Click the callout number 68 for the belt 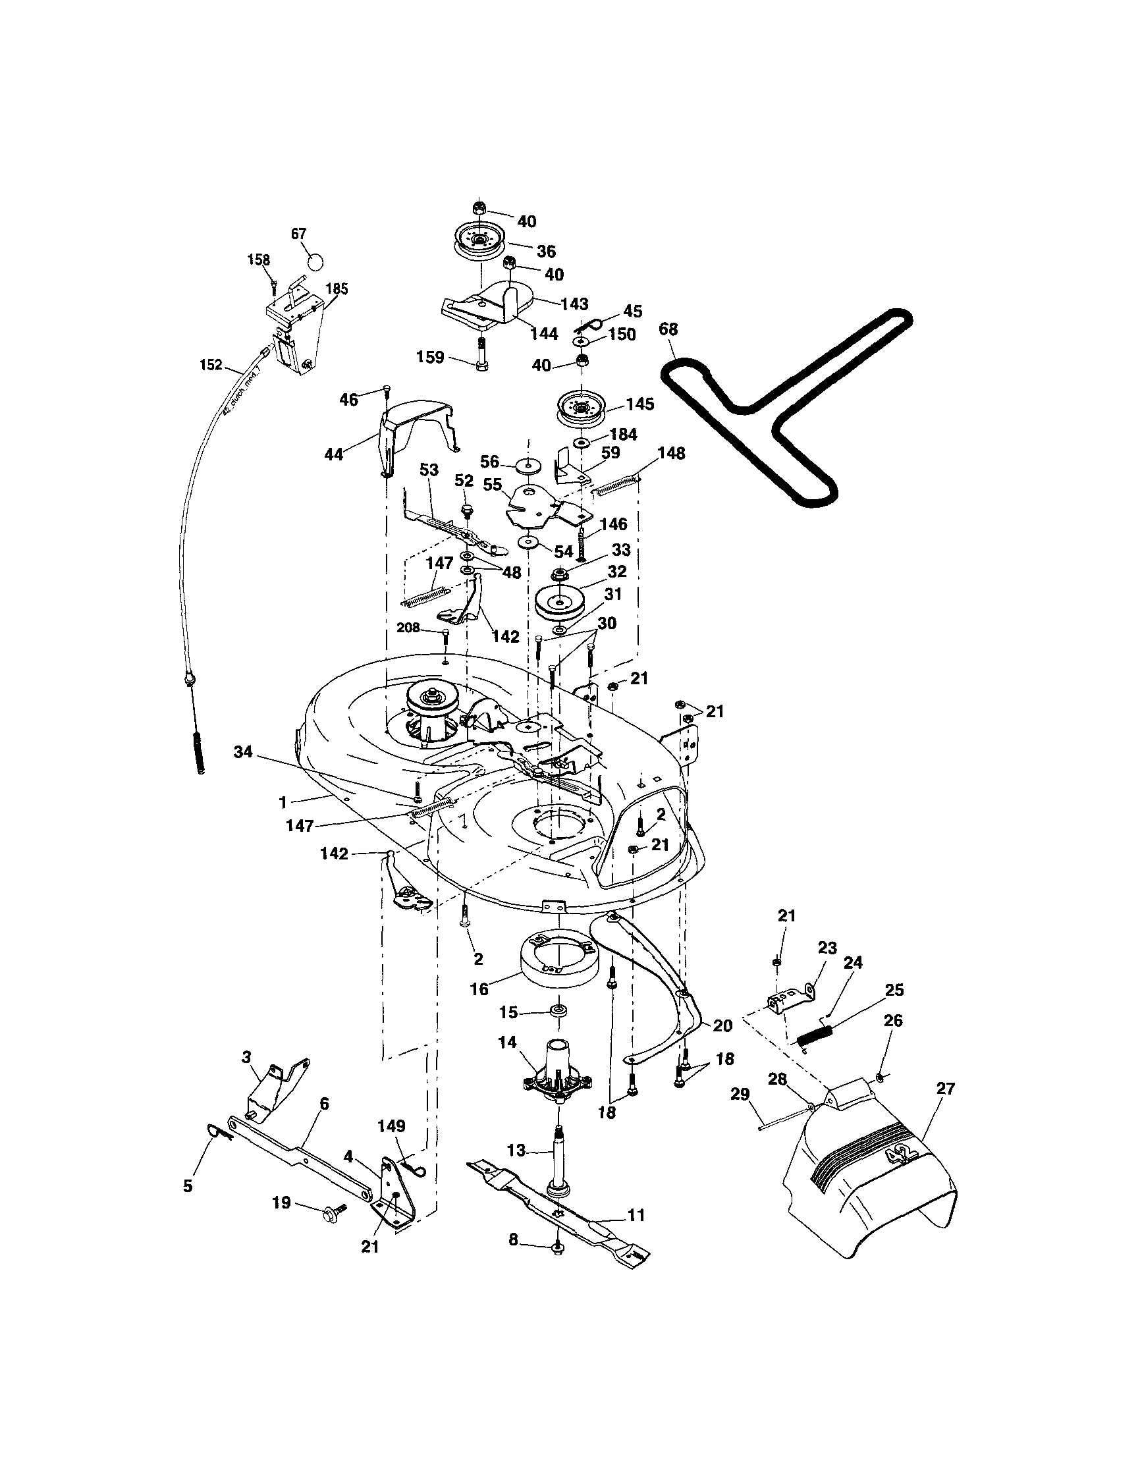pyautogui.click(x=668, y=329)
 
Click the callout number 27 pyautogui.click(x=945, y=1088)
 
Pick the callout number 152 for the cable pyautogui.click(x=210, y=365)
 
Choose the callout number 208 pyautogui.click(x=408, y=628)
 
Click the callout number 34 pyautogui.click(x=242, y=751)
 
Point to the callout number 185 pyautogui.click(x=337, y=289)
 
